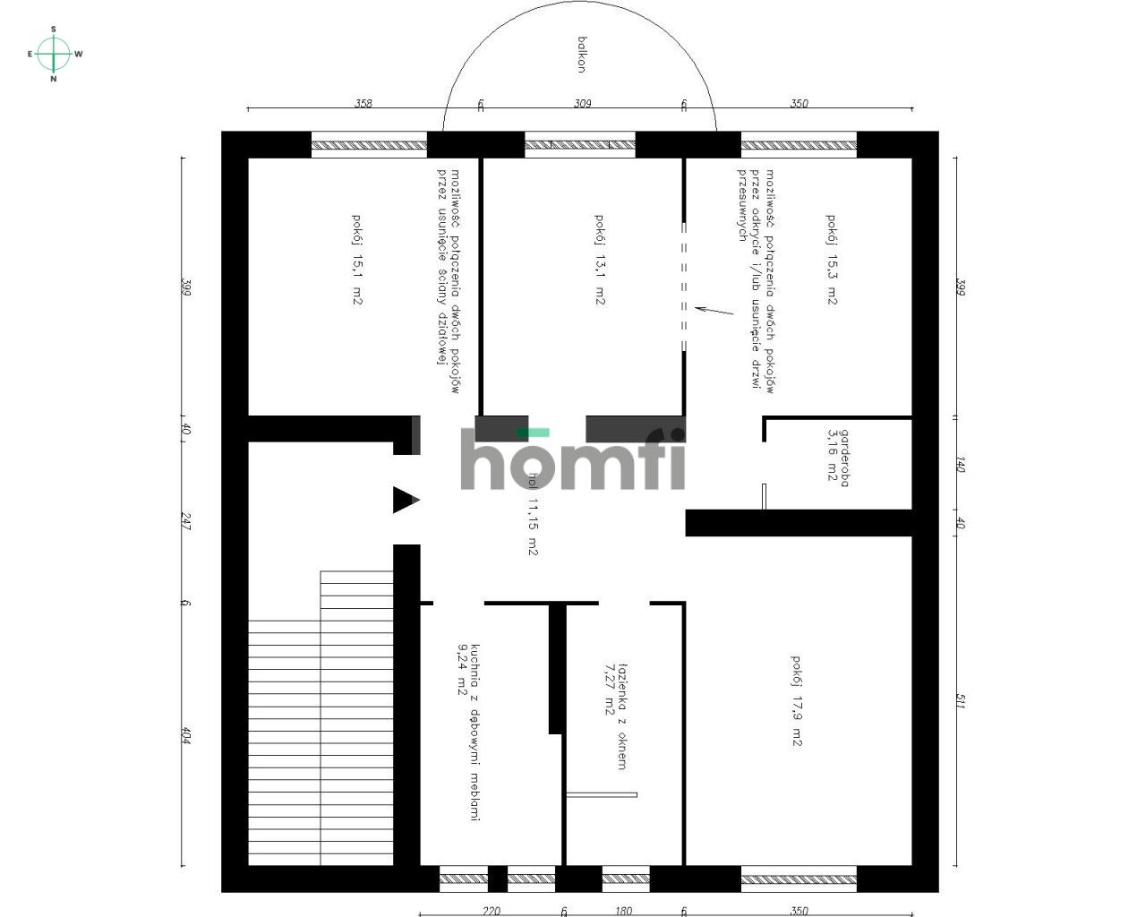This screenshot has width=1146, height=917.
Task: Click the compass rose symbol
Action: click(x=54, y=54)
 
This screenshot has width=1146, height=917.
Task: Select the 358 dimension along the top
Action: click(x=363, y=103)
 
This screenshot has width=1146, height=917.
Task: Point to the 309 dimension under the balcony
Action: click(x=582, y=103)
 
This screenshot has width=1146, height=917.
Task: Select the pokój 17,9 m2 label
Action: click(x=797, y=700)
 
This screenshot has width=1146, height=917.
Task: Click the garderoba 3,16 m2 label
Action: click(x=838, y=458)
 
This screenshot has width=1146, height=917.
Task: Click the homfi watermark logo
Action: click(x=573, y=459)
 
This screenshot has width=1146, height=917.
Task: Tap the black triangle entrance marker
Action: click(x=405, y=500)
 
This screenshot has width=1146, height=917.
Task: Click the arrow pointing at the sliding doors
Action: click(x=714, y=311)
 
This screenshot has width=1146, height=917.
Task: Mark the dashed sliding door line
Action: click(x=685, y=287)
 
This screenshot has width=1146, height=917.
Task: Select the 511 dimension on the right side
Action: click(x=959, y=701)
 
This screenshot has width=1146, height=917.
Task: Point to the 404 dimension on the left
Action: click(x=186, y=735)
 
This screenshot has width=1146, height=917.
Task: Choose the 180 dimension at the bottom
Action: click(x=623, y=911)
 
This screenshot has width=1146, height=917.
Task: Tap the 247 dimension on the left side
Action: click(x=186, y=520)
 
